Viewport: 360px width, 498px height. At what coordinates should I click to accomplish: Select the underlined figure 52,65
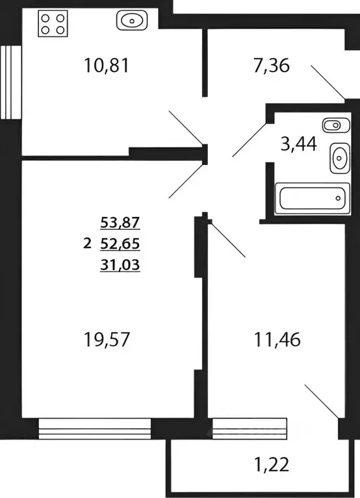pyautogui.click(x=120, y=244)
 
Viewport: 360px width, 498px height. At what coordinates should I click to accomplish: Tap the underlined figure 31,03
pyautogui.click(x=120, y=264)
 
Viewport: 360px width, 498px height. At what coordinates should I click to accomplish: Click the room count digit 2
pyautogui.click(x=87, y=244)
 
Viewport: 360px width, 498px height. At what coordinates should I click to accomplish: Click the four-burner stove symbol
pyautogui.click(x=53, y=23)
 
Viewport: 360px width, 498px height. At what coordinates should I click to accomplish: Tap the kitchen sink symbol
pyautogui.click(x=132, y=21)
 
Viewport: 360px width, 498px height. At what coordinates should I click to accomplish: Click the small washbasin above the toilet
pyautogui.click(x=331, y=125)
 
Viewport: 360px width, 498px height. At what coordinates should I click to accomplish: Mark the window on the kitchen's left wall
pyautogui.click(x=9, y=82)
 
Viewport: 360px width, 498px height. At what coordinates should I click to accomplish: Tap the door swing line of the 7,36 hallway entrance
pyautogui.click(x=328, y=82)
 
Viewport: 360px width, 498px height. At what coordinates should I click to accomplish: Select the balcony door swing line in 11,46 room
pyautogui.click(x=322, y=401)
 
